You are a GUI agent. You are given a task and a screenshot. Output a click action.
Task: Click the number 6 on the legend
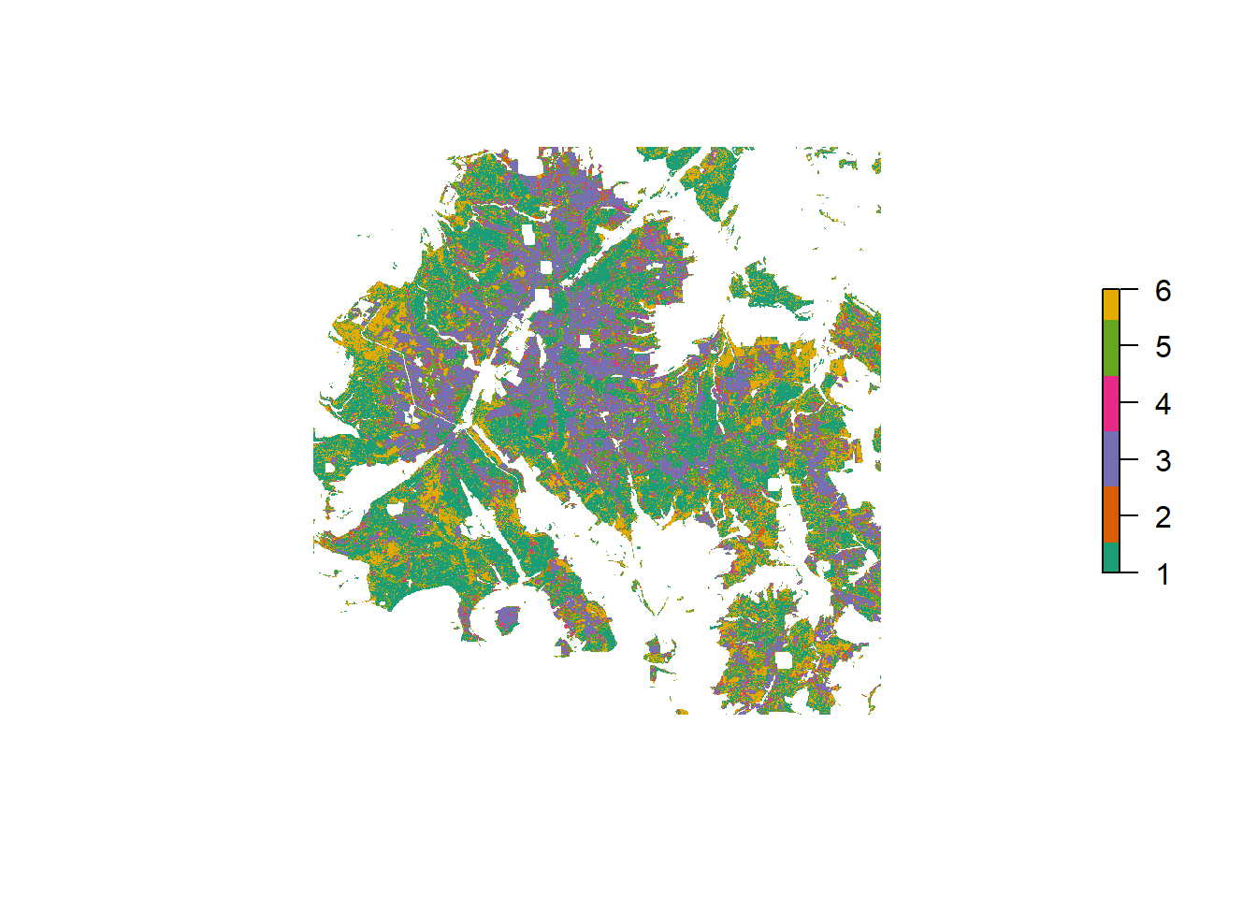pos(1163,291)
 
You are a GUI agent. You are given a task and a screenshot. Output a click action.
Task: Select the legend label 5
pos(1163,347)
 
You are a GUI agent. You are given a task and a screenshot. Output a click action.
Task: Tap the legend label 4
pos(1163,404)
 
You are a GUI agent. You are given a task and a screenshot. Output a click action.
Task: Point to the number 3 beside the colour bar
pos(1163,460)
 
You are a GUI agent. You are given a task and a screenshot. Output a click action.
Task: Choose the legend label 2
pos(1163,517)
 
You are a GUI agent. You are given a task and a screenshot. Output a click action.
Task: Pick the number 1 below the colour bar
pos(1163,573)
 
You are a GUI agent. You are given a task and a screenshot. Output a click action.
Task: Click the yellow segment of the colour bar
pos(1111,305)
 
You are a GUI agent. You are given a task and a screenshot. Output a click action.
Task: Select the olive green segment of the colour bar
pos(1111,348)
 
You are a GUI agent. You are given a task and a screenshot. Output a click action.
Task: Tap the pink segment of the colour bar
pos(1111,404)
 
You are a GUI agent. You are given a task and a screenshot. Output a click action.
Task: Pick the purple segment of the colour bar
pos(1111,459)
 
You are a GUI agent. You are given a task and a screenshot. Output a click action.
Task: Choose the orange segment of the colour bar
pos(1111,514)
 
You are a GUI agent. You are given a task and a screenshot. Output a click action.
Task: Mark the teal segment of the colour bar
pos(1111,558)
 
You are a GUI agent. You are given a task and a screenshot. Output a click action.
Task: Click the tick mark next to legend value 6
pos(1129,290)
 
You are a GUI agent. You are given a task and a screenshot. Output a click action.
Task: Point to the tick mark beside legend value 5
pos(1129,346)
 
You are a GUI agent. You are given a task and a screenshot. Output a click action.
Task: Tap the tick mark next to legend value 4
pos(1129,403)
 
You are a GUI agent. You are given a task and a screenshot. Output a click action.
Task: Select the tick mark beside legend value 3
pos(1129,459)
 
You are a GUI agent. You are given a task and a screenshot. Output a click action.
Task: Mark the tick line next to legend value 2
pos(1129,515)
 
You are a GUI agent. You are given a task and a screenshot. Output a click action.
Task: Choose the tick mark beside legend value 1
pos(1129,572)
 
